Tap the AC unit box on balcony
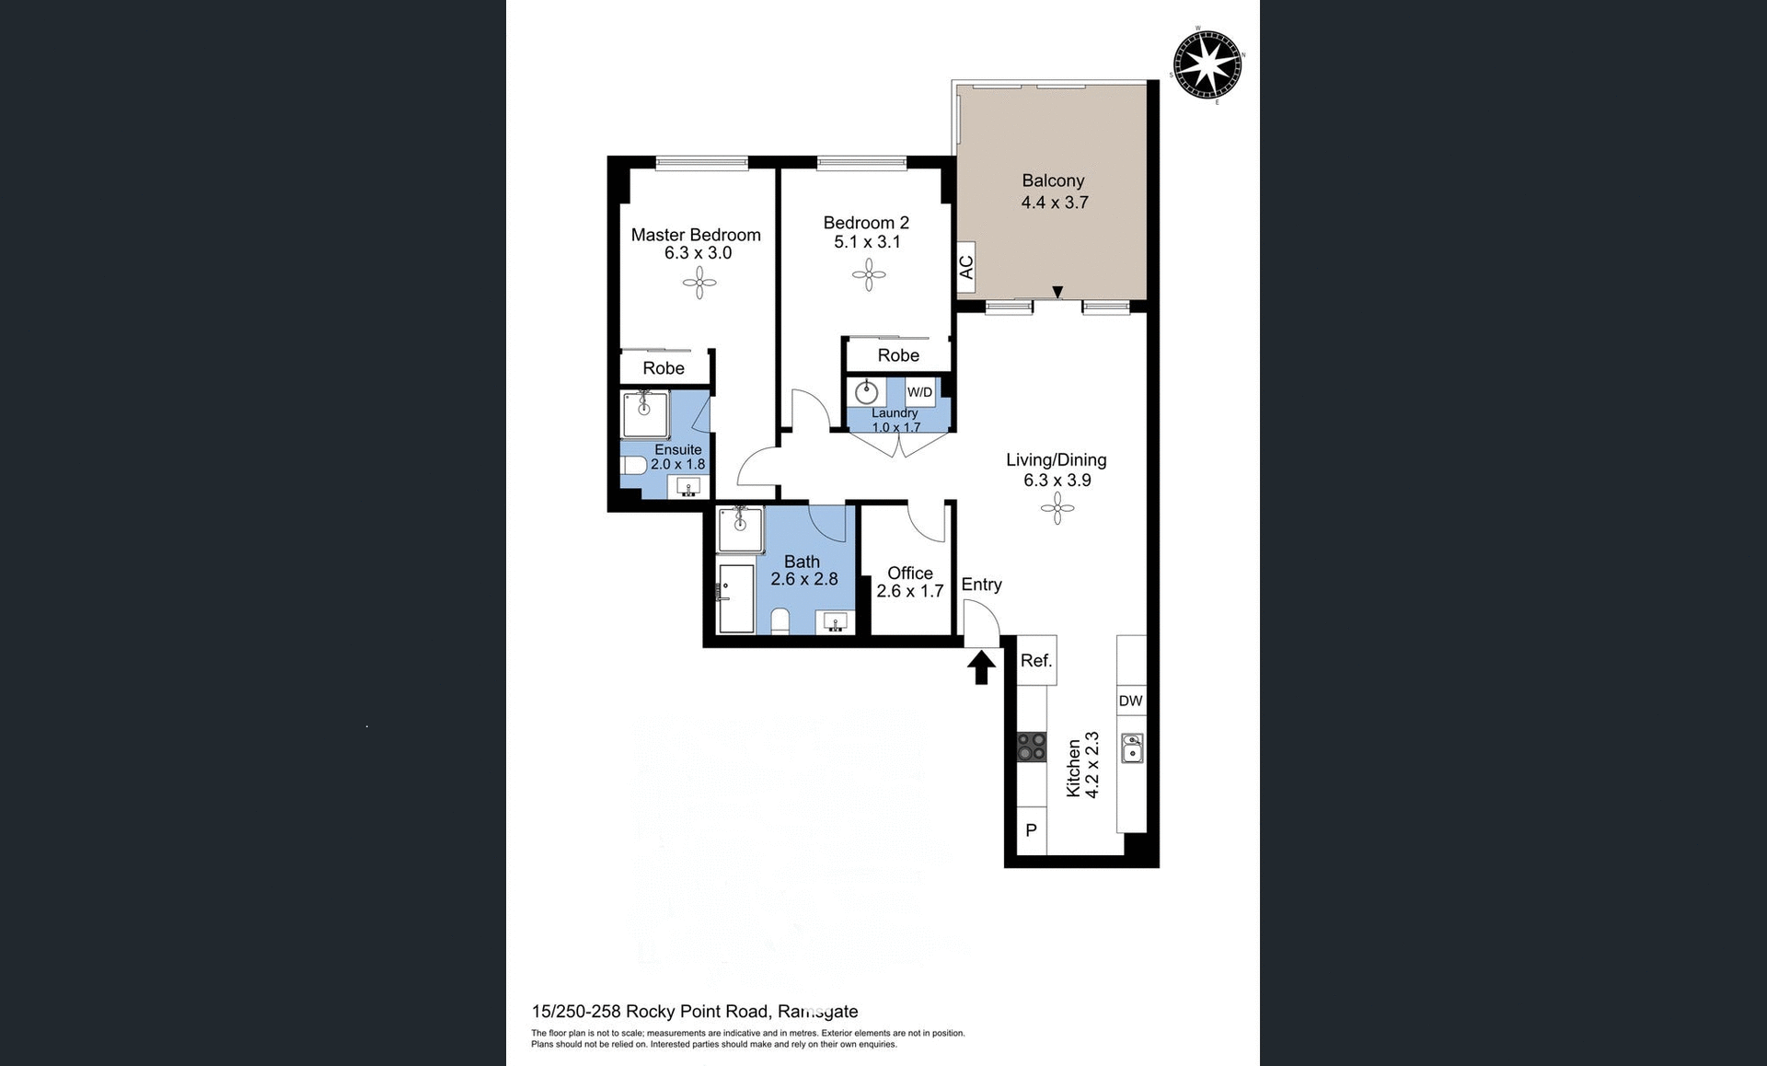965,268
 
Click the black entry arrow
981,666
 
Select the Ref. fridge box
1036,660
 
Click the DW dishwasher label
1130,701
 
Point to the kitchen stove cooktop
1032,747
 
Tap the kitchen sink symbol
1132,747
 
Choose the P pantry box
1032,830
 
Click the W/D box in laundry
919,392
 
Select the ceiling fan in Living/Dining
1057,508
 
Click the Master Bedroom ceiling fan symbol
699,283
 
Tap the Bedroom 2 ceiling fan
869,273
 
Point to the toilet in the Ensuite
634,465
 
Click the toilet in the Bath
780,621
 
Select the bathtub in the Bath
736,598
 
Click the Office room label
909,573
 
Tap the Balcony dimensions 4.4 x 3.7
1054,203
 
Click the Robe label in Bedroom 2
898,355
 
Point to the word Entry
981,585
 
